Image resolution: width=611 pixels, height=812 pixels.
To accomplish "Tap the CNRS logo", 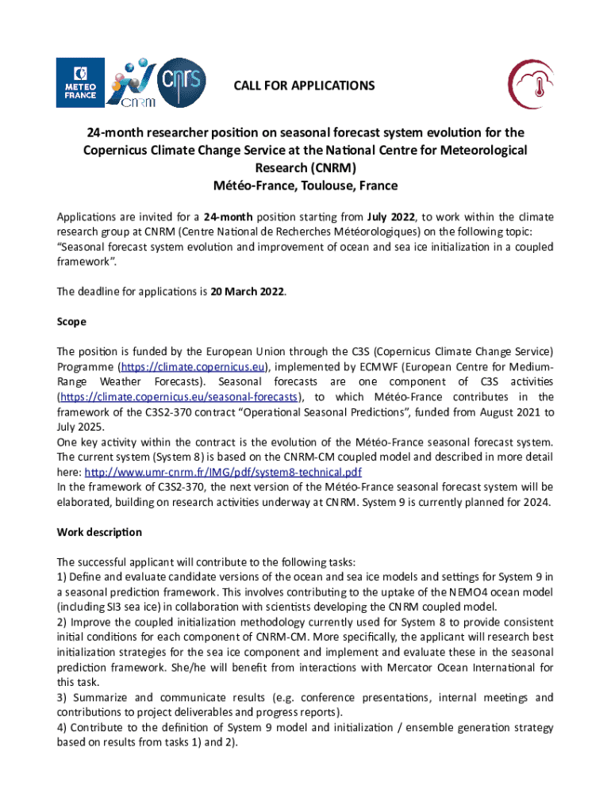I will click(183, 81).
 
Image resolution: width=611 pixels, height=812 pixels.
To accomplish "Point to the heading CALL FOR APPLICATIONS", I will click(304, 85).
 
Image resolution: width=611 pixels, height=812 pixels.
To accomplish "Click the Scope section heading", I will click(71, 322).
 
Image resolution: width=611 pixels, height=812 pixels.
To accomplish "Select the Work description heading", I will click(99, 531).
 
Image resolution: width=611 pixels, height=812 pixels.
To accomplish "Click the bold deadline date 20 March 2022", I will click(247, 292).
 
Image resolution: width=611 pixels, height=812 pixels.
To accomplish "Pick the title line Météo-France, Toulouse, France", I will click(305, 186).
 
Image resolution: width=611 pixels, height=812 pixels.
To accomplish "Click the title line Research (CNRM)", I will click(305, 168).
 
